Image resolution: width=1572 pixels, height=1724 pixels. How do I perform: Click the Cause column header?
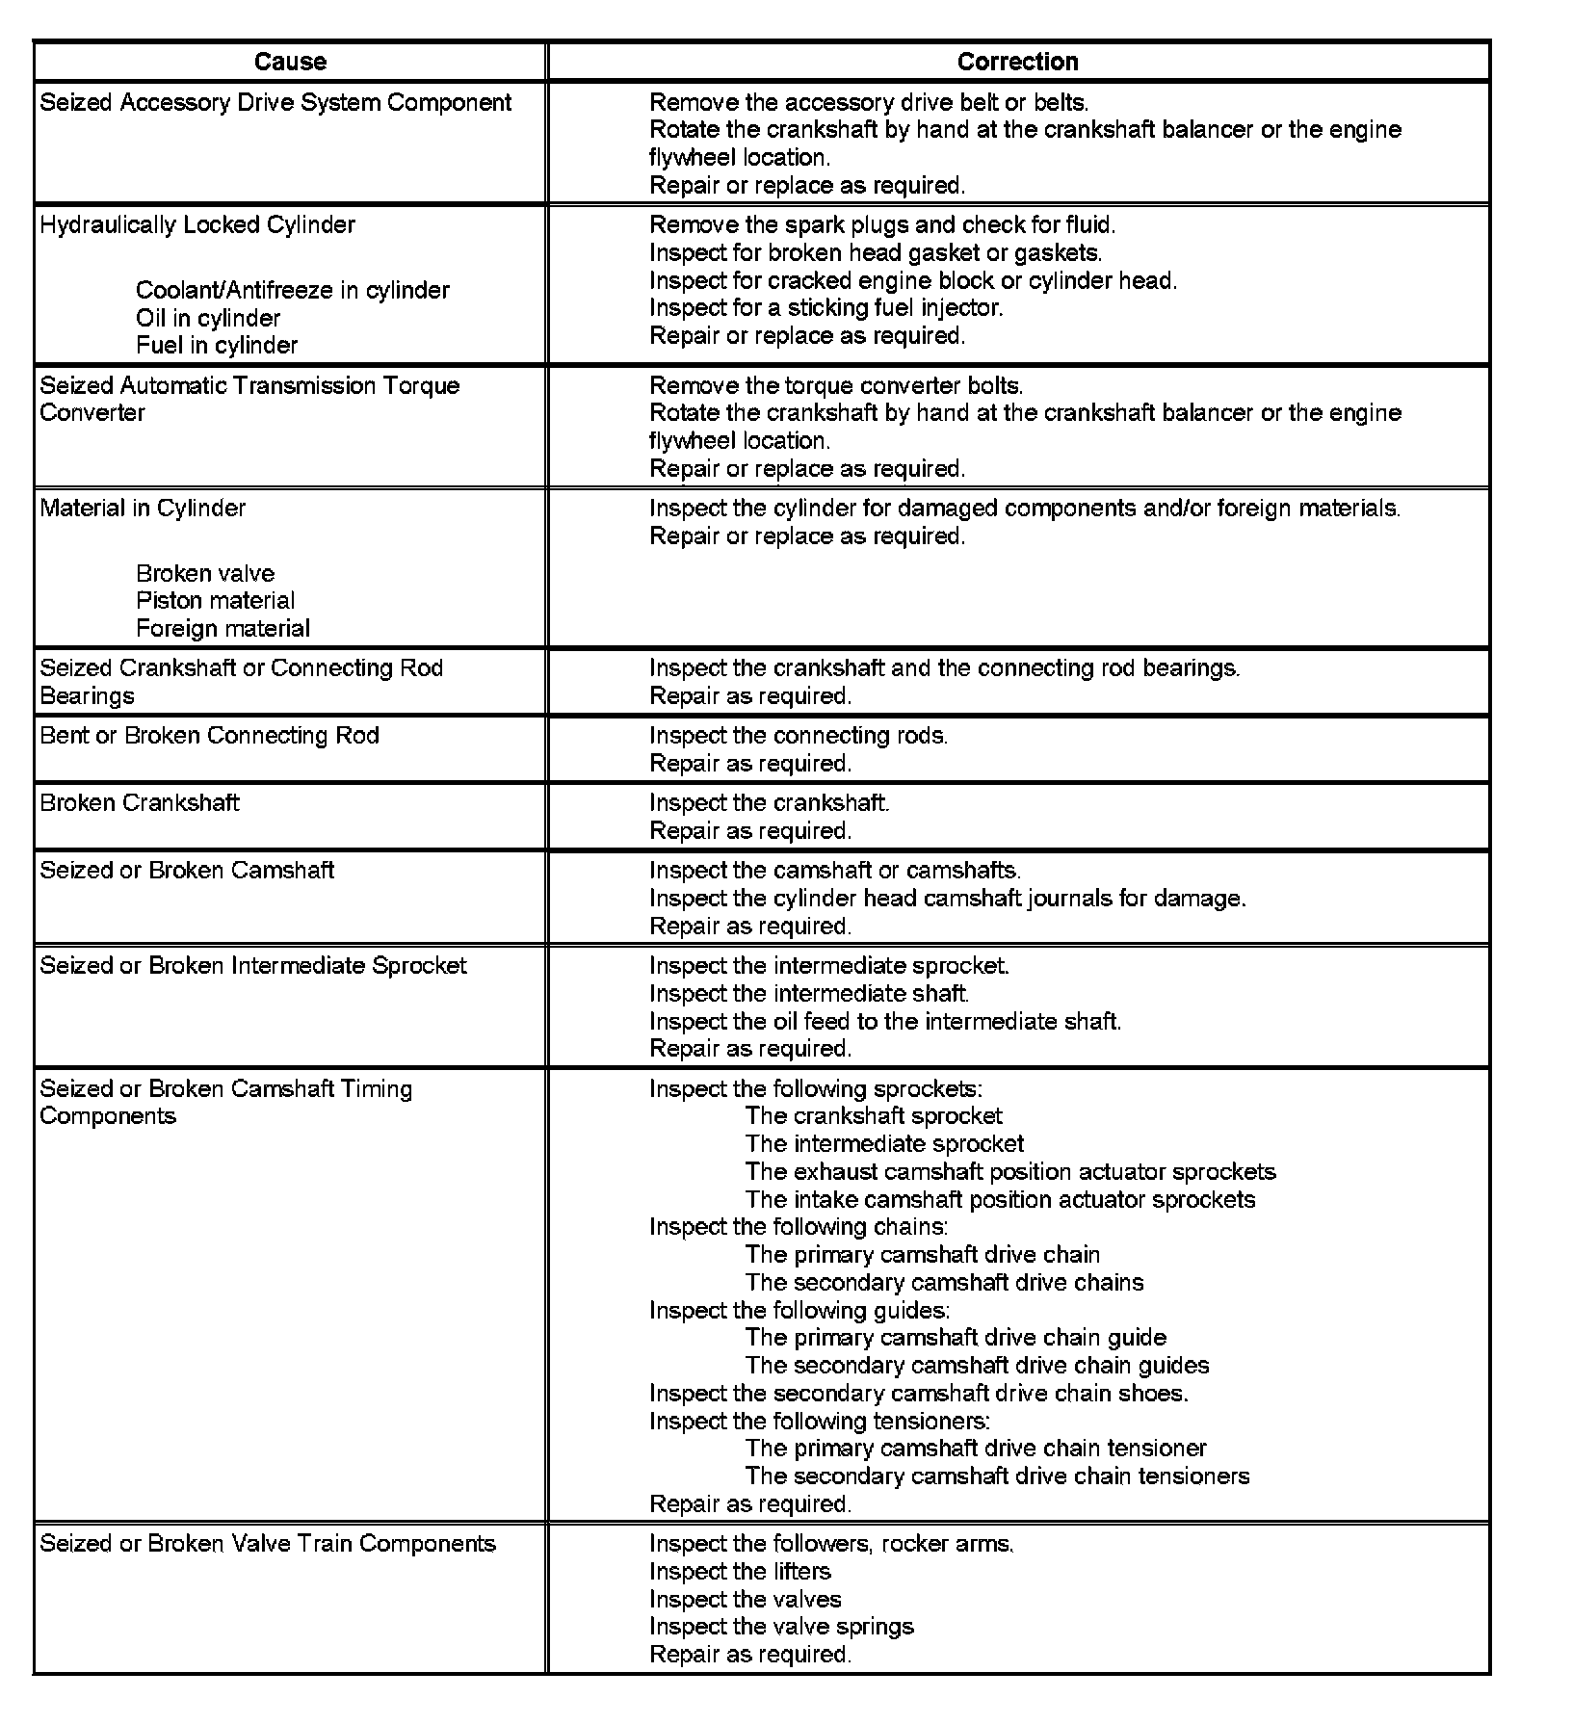290,62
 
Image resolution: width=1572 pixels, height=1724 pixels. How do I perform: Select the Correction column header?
1017,62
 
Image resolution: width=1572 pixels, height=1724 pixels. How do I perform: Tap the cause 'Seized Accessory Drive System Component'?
275,103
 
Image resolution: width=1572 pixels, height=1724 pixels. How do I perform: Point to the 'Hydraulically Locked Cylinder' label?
197,225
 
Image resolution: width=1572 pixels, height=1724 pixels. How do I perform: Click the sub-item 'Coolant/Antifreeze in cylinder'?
293,291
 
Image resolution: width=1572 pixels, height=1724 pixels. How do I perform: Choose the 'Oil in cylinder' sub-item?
208,319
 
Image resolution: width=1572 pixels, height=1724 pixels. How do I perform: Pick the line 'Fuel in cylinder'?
217,346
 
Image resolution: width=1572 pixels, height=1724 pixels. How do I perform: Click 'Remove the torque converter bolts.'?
836,386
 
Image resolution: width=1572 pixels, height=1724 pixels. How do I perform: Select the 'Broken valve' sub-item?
205,574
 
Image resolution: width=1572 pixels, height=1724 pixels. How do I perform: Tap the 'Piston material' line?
215,601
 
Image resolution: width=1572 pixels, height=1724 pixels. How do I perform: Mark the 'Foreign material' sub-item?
223,629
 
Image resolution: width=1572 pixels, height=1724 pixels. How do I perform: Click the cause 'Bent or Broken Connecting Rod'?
210,736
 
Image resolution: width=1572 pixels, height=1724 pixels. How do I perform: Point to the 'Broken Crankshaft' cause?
140,803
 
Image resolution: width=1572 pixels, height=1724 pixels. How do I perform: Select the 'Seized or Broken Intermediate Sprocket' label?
253,966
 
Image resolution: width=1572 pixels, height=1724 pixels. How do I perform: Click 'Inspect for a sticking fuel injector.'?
825,308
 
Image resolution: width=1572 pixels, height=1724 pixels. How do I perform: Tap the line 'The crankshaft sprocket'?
874,1116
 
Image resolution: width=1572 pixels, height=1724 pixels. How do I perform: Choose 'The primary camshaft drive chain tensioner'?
976,1449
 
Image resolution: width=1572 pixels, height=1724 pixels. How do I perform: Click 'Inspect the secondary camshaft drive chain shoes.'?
918,1394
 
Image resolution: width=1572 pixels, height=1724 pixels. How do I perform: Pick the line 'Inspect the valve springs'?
781,1627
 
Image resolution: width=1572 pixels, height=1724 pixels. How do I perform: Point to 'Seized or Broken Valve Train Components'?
268,1544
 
